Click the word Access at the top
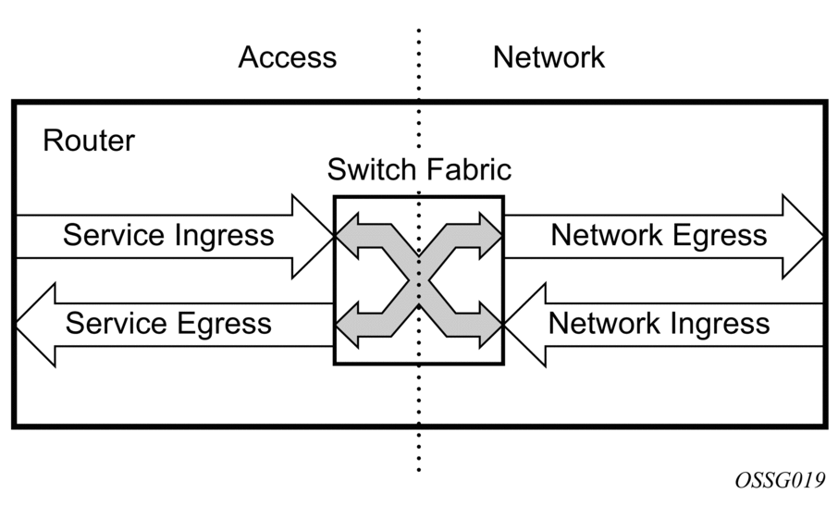coord(288,57)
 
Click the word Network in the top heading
coord(548,57)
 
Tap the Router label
coord(89,141)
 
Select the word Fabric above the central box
coord(470,171)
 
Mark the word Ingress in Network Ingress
coord(722,323)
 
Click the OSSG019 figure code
coord(780,482)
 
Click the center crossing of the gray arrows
coord(418,279)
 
